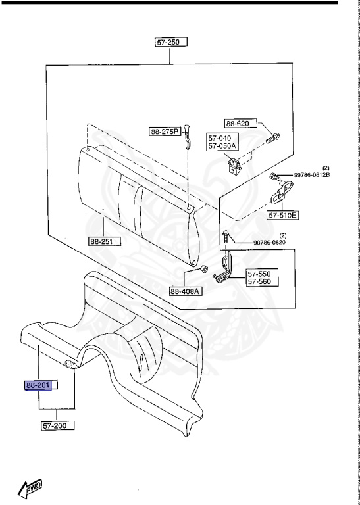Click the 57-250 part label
(171, 42)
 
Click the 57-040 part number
(219, 138)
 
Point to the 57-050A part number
(222, 146)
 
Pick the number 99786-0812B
(312, 175)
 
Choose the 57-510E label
(282, 215)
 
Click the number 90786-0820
(269, 242)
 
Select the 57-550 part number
(259, 274)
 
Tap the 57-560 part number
(259, 282)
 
